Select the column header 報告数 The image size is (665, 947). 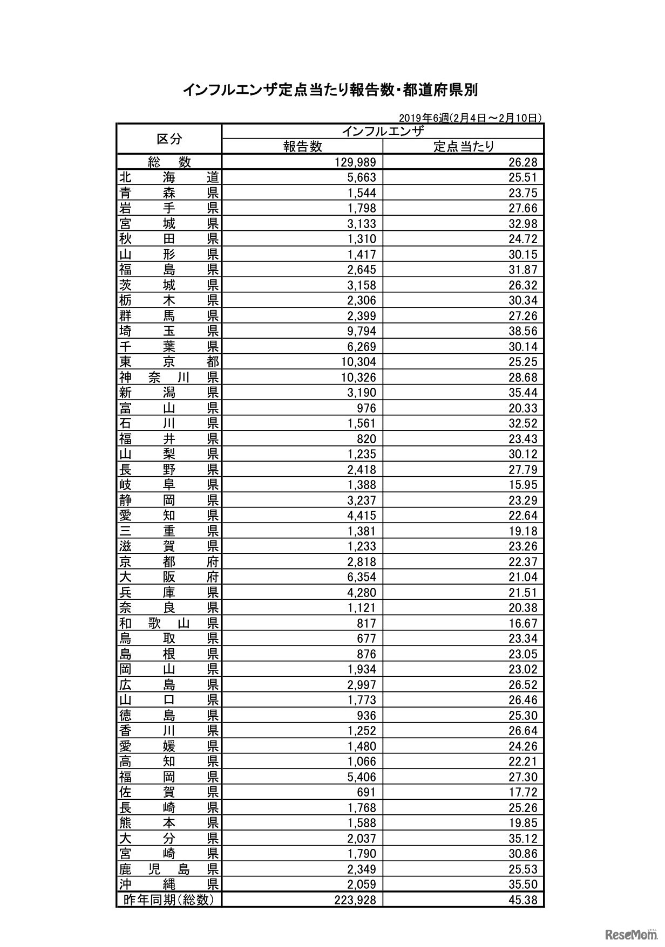(x=303, y=146)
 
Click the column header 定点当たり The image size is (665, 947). (x=464, y=146)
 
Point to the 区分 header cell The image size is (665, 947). (x=169, y=139)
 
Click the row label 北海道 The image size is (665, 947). (x=169, y=177)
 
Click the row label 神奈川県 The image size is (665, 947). (x=169, y=378)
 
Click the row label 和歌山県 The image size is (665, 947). (x=169, y=623)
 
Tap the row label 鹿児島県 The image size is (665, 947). (x=169, y=869)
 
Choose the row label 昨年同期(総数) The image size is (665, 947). (x=169, y=900)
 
